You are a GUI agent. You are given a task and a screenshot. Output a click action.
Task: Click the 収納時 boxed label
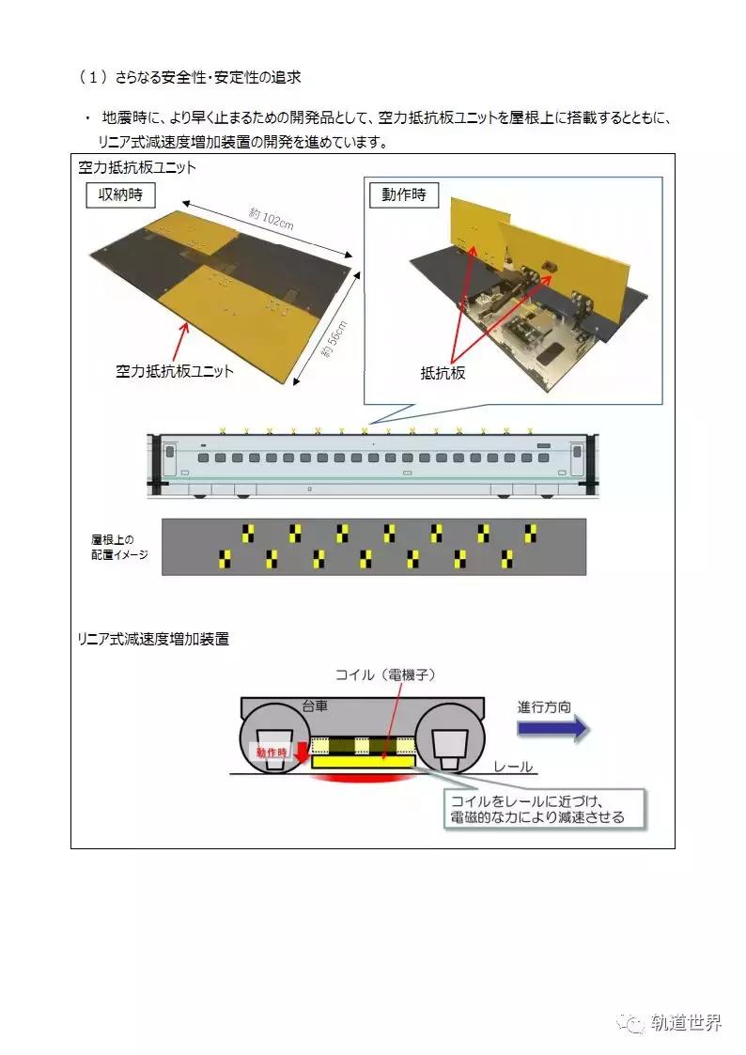click(x=120, y=195)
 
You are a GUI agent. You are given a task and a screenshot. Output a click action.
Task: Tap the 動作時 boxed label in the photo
click(x=405, y=195)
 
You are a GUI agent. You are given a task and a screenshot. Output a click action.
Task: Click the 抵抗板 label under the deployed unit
click(x=443, y=373)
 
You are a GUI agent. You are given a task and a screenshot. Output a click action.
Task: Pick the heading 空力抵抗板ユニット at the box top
click(x=137, y=167)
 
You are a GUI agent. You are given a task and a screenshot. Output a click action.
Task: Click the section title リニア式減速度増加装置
click(x=152, y=639)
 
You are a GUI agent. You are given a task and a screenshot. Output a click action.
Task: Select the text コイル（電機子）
click(x=387, y=675)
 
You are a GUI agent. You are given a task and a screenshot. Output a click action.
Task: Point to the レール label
click(x=514, y=767)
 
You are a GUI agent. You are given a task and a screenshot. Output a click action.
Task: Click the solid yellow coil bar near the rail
click(x=363, y=764)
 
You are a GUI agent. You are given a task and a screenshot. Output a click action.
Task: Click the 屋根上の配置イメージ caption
click(x=112, y=547)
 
